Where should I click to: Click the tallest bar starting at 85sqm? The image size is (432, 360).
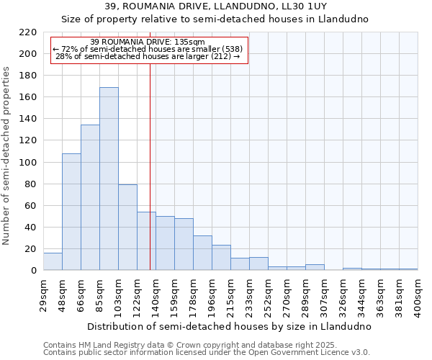pos(109,179)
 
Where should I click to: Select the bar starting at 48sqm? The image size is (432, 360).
pos(71,212)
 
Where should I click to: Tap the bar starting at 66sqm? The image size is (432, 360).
pos(90,197)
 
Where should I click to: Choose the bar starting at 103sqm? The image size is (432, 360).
pos(127,228)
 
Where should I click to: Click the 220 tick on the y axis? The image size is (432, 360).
pos(28,32)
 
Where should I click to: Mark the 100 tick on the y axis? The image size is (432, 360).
pos(28,163)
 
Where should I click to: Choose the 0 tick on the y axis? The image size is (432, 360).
pos(33,271)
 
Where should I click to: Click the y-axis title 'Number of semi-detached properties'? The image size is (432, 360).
pos(7,156)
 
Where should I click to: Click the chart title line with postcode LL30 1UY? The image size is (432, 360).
pos(215,6)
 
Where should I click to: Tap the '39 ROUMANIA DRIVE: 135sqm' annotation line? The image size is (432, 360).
pos(148,42)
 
